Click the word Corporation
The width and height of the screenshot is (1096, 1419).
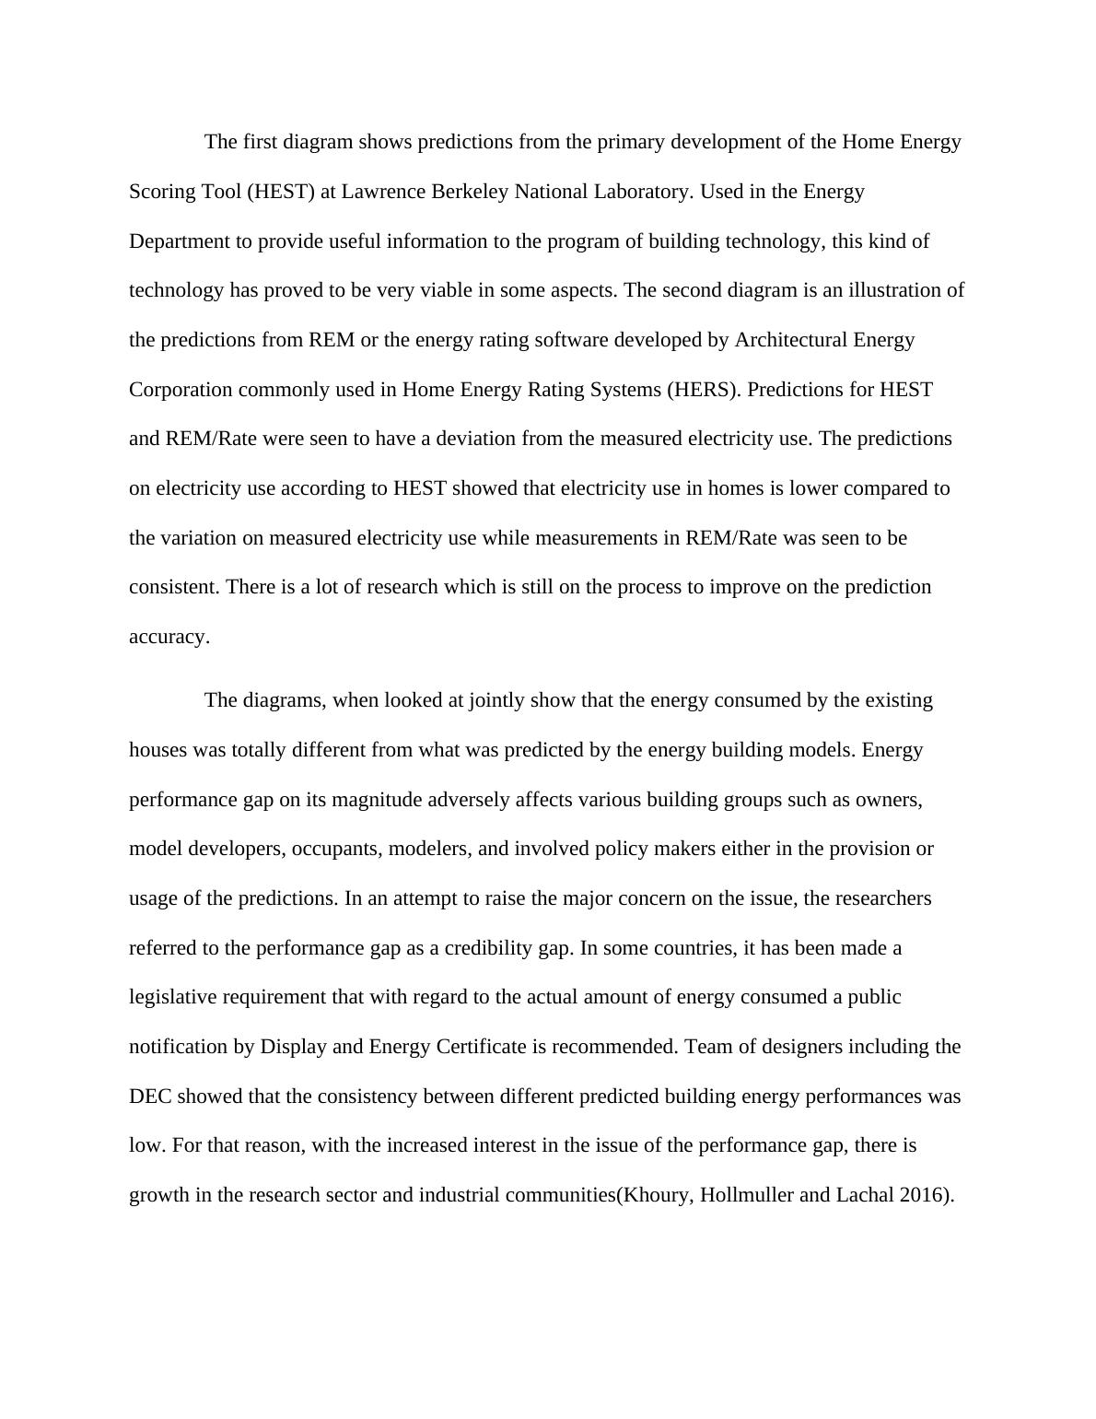point(181,389)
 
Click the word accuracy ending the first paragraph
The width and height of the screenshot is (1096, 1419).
point(169,637)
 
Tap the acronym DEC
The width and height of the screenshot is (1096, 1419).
point(150,1096)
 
